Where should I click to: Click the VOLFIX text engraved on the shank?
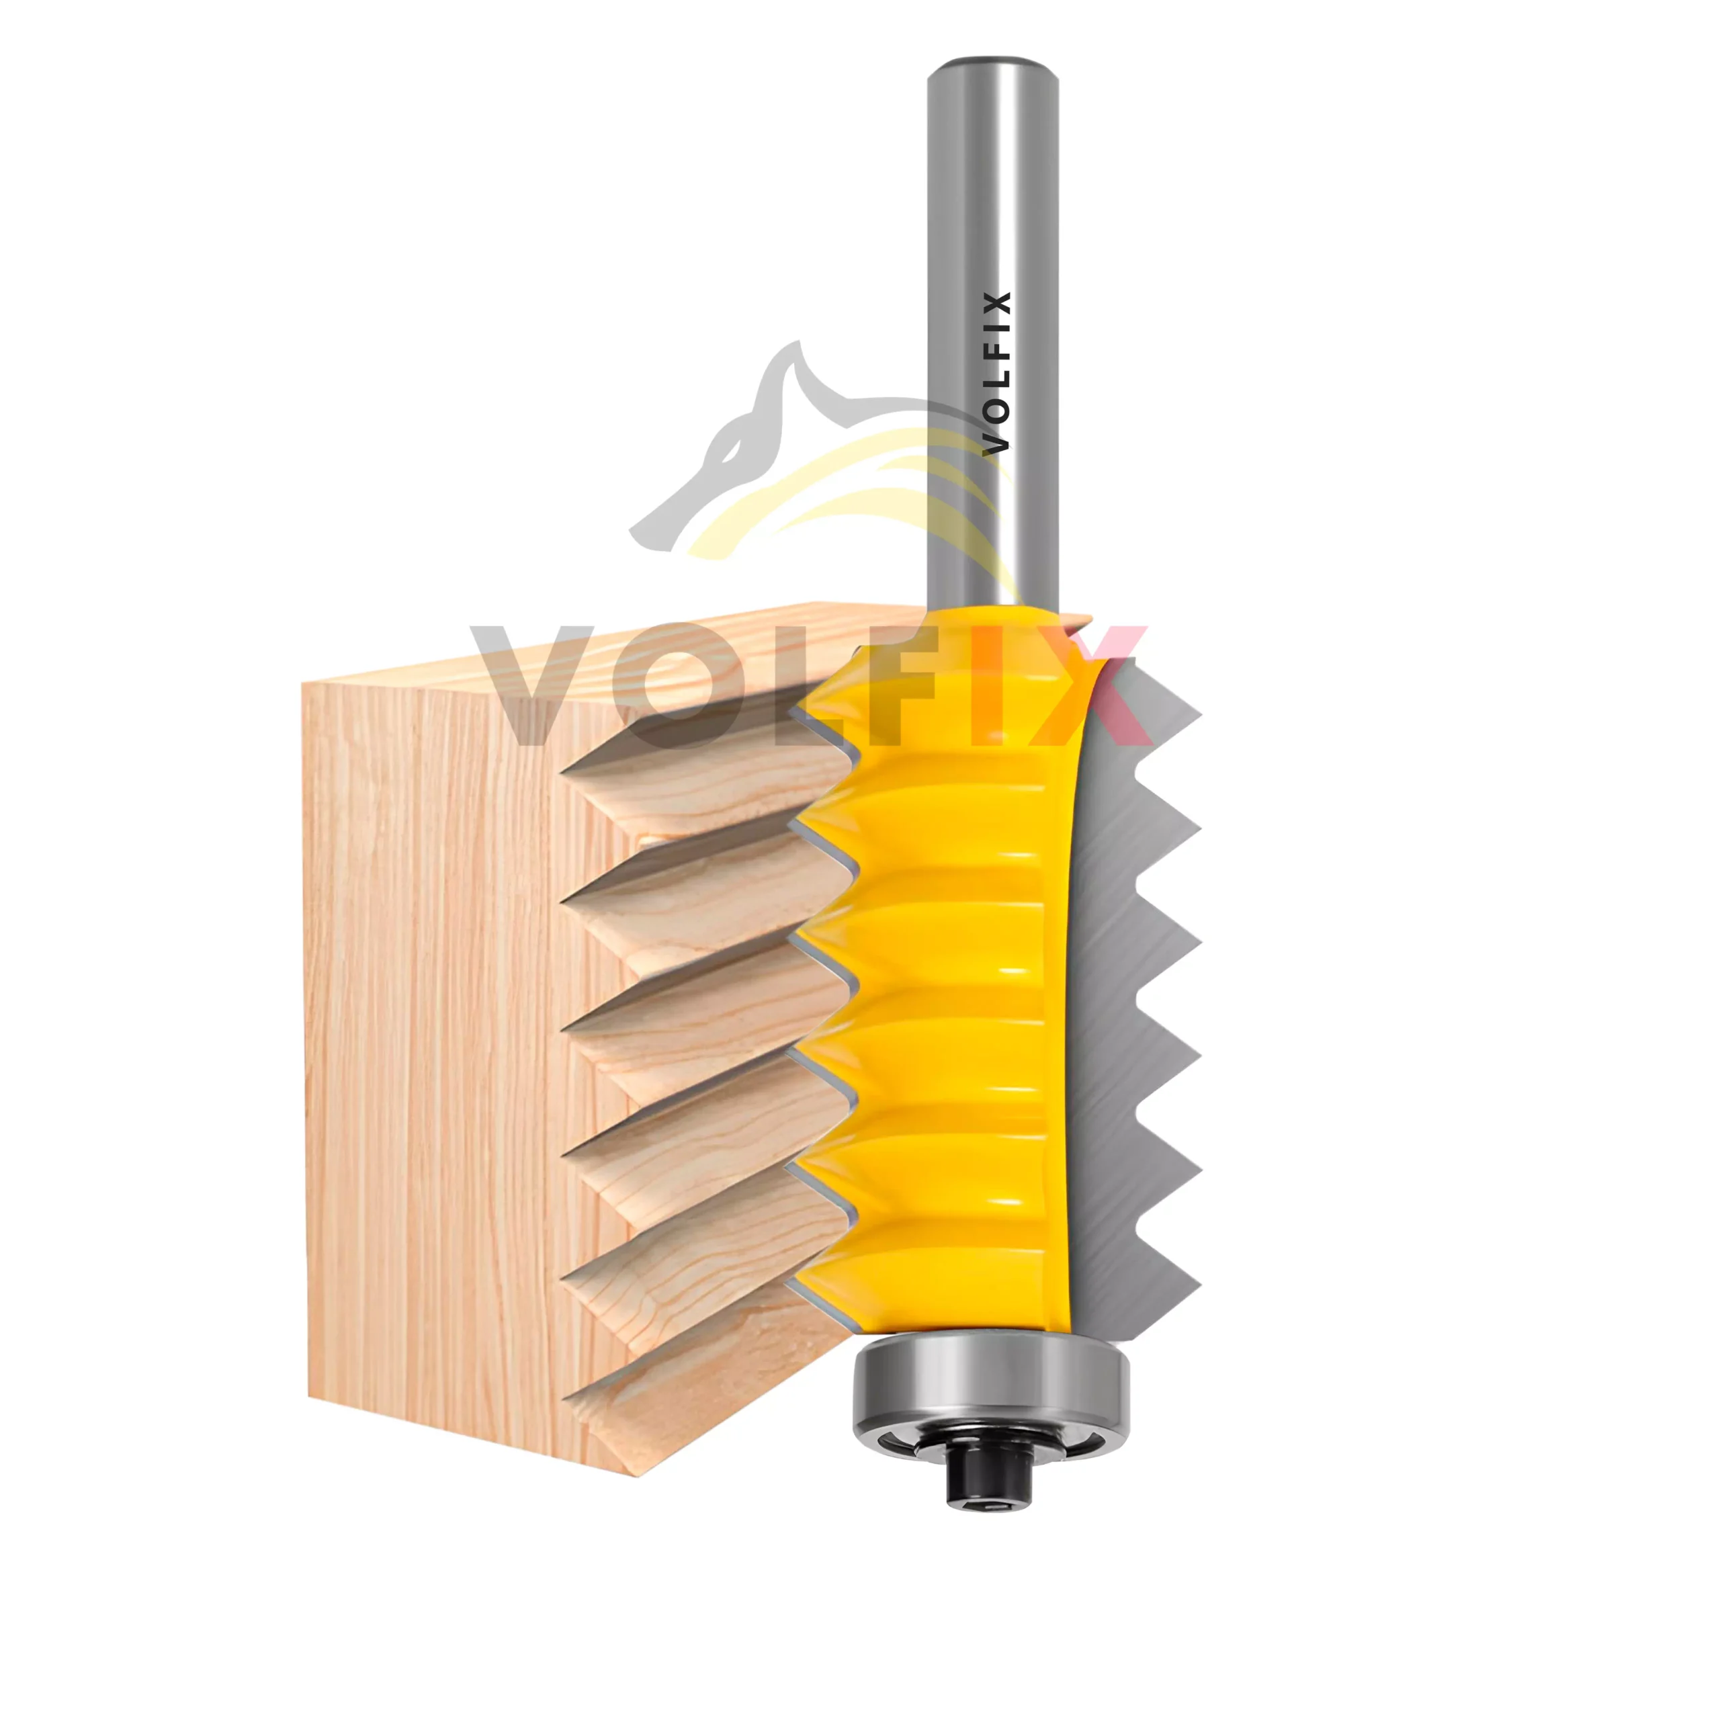pyautogui.click(x=996, y=374)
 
